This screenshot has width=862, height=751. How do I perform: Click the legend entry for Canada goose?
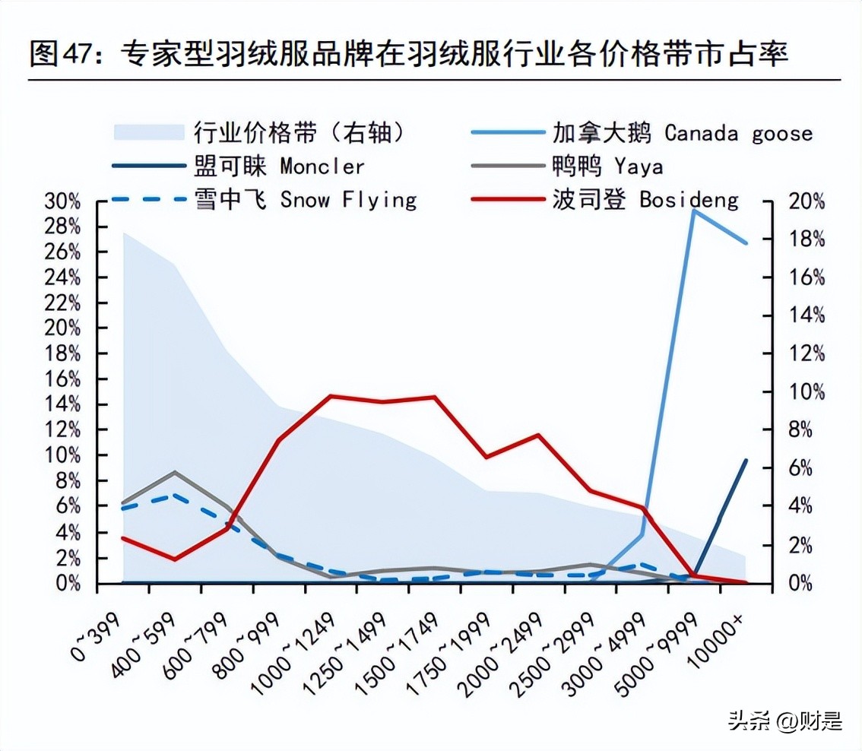(681, 133)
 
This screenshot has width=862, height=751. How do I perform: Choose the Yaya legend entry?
(607, 166)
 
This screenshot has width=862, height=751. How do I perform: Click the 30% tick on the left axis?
(62, 201)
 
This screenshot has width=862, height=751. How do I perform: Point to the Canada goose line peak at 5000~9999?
(693, 210)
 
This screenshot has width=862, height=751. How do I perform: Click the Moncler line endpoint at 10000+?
(746, 460)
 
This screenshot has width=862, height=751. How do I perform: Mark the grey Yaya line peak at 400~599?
(176, 472)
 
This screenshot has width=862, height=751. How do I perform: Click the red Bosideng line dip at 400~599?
(176, 559)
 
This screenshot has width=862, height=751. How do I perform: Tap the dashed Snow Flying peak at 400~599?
(176, 495)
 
